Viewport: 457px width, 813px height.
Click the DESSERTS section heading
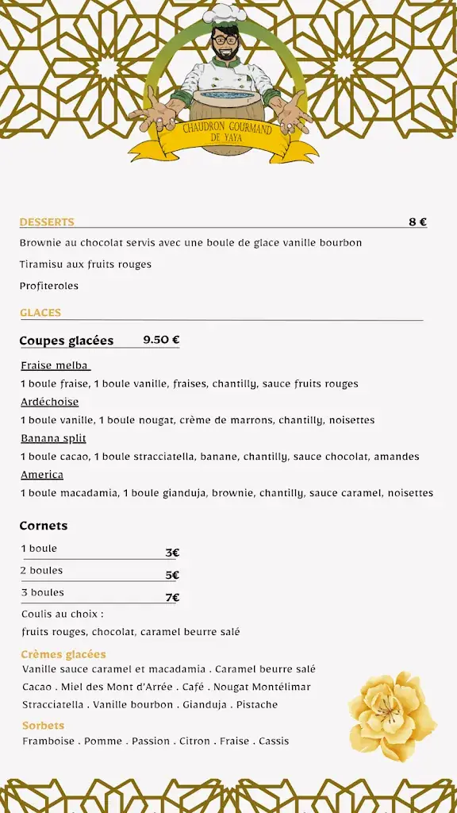pos(47,222)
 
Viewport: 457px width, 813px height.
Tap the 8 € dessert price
pos(417,222)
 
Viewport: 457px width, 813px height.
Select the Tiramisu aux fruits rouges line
pos(86,264)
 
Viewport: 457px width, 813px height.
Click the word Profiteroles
pos(49,286)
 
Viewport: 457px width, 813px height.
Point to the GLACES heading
pos(40,313)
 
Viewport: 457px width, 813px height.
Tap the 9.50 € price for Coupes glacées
pos(161,340)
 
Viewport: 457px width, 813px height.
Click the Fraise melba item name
pos(55,366)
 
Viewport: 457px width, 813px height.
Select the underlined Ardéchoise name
pos(49,402)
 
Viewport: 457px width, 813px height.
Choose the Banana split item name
pos(53,438)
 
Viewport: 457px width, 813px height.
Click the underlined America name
pos(42,475)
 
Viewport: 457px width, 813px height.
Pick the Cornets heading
pos(44,526)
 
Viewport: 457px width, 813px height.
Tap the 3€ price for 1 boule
pos(172,553)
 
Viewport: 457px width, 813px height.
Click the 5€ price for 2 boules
pos(172,575)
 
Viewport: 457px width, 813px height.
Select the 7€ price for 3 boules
pos(172,597)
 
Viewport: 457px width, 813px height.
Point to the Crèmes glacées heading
pos(63,654)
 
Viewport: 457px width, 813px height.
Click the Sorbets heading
pos(44,726)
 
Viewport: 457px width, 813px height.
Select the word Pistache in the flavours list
pos(258,705)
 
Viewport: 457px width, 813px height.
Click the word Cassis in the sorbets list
pos(274,742)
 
